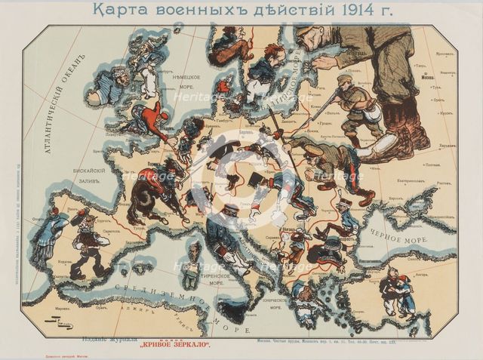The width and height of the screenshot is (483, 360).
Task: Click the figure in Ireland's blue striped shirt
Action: tap(110, 85)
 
